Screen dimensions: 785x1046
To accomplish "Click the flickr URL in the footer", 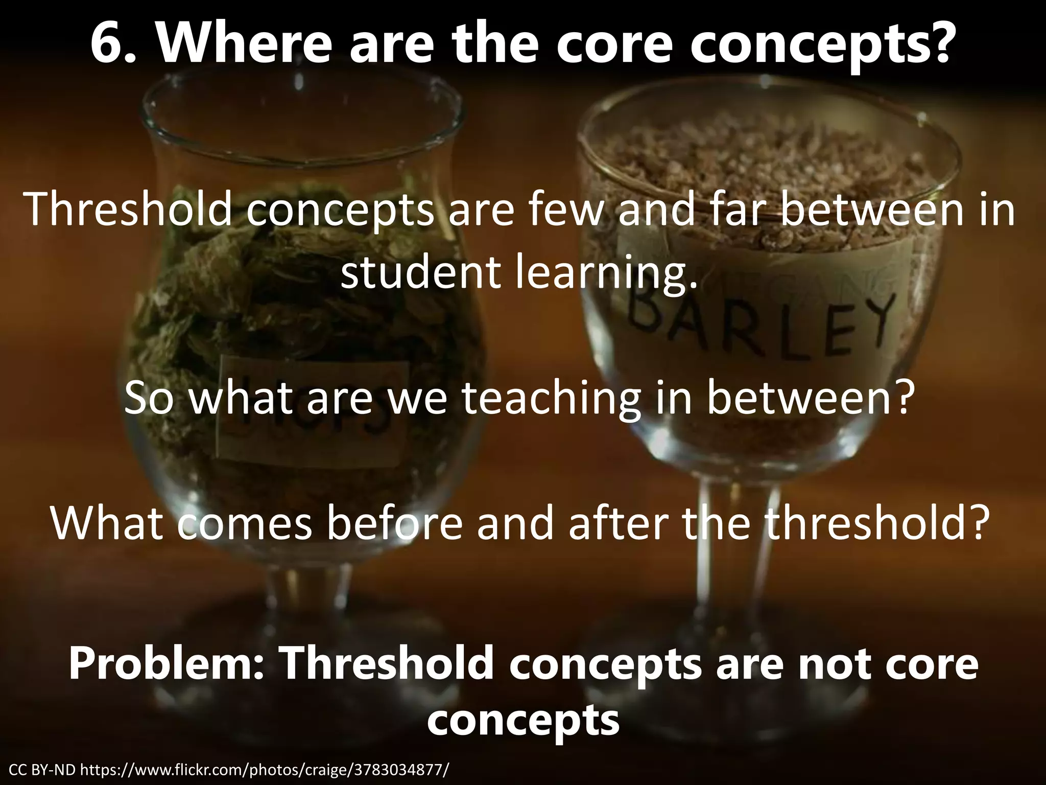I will (266, 770).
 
